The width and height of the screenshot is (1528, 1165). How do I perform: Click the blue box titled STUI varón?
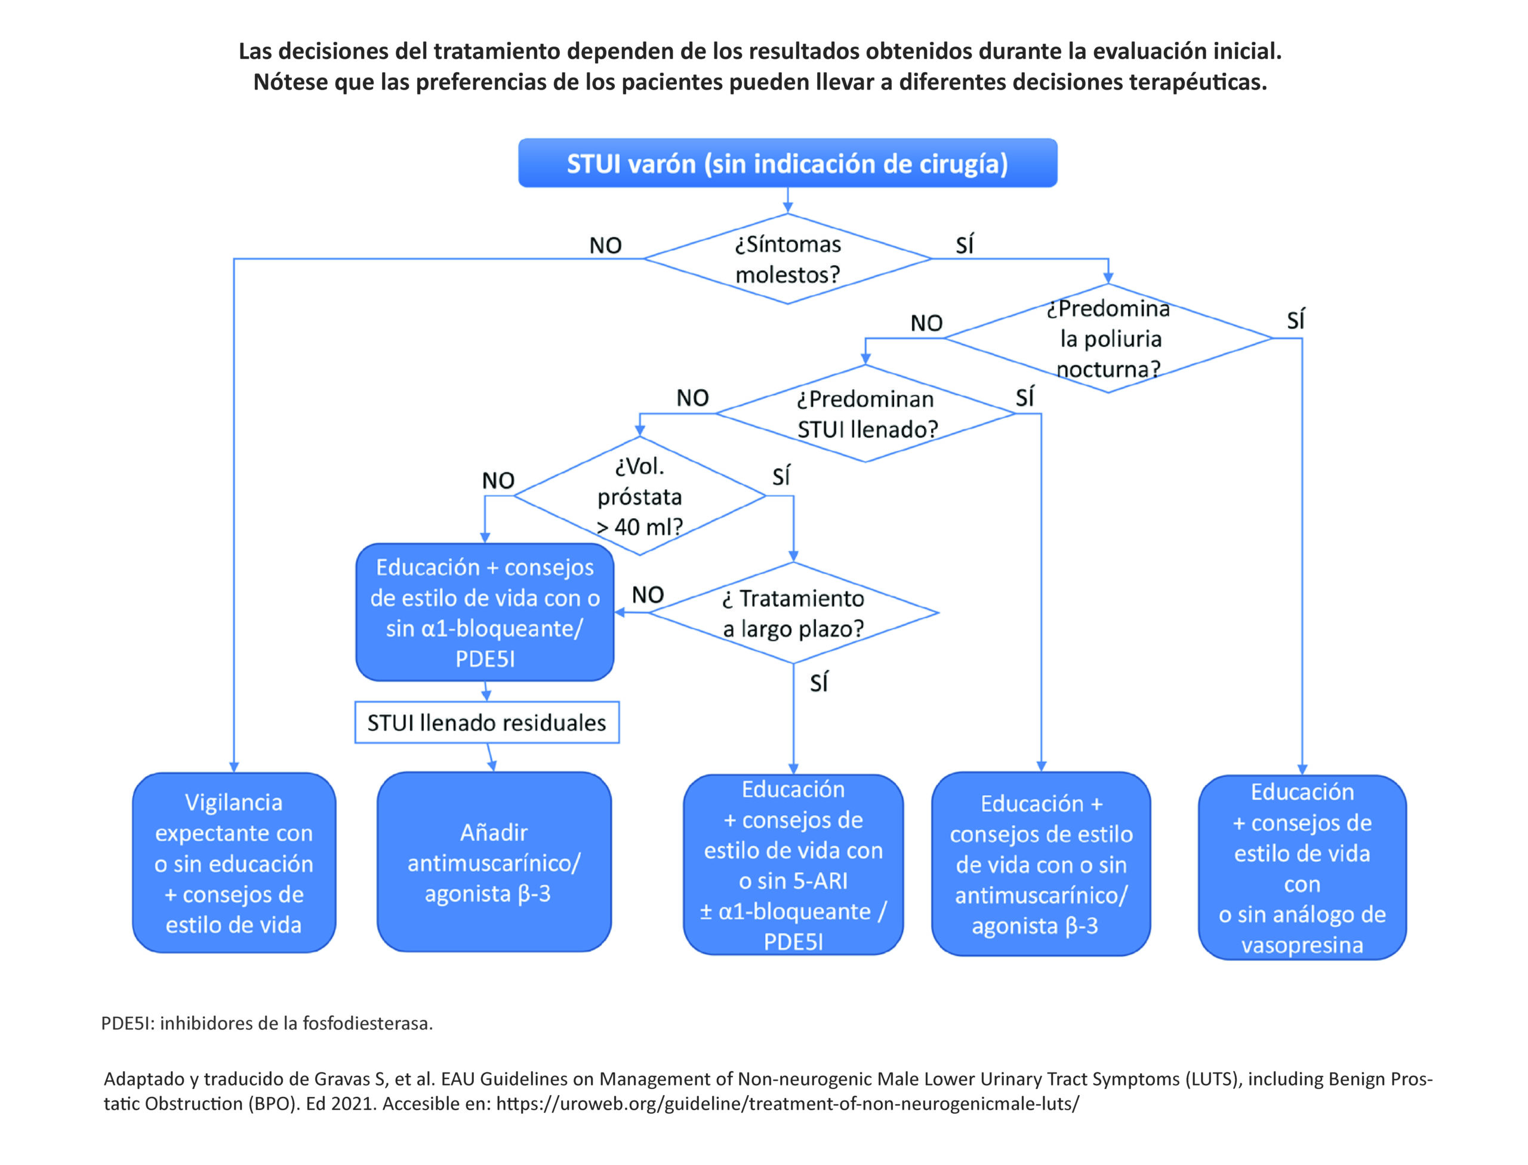coord(787,163)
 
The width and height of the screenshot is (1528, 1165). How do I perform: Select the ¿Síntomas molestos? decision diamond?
coord(787,259)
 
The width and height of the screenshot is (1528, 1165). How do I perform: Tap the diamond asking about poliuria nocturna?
coord(1107,339)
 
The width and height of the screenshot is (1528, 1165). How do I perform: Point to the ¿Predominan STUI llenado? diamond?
coord(865,414)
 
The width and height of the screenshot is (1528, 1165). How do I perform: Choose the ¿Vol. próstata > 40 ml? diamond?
coord(639,496)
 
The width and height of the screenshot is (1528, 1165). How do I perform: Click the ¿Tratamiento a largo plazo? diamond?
coord(793,613)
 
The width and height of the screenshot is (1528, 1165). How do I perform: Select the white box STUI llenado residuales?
coord(486,723)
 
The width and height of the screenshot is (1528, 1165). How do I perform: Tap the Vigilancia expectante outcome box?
coord(233,863)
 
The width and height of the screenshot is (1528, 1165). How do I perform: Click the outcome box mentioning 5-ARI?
coord(793,865)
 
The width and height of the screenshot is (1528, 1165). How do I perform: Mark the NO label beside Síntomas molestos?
coord(605,245)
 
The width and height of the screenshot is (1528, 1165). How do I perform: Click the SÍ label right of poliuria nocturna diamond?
coord(1295,321)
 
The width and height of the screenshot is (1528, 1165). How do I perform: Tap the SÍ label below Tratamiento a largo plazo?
coord(818,683)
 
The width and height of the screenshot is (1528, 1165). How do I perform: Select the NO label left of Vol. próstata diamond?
coord(498,481)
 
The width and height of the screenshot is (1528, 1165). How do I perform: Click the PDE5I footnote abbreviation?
coord(128,1023)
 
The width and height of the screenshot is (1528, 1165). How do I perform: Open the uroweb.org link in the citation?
coord(787,1103)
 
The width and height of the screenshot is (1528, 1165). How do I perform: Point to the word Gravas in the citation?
coord(343,1079)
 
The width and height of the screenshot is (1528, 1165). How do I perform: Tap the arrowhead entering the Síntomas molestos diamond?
coord(787,208)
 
